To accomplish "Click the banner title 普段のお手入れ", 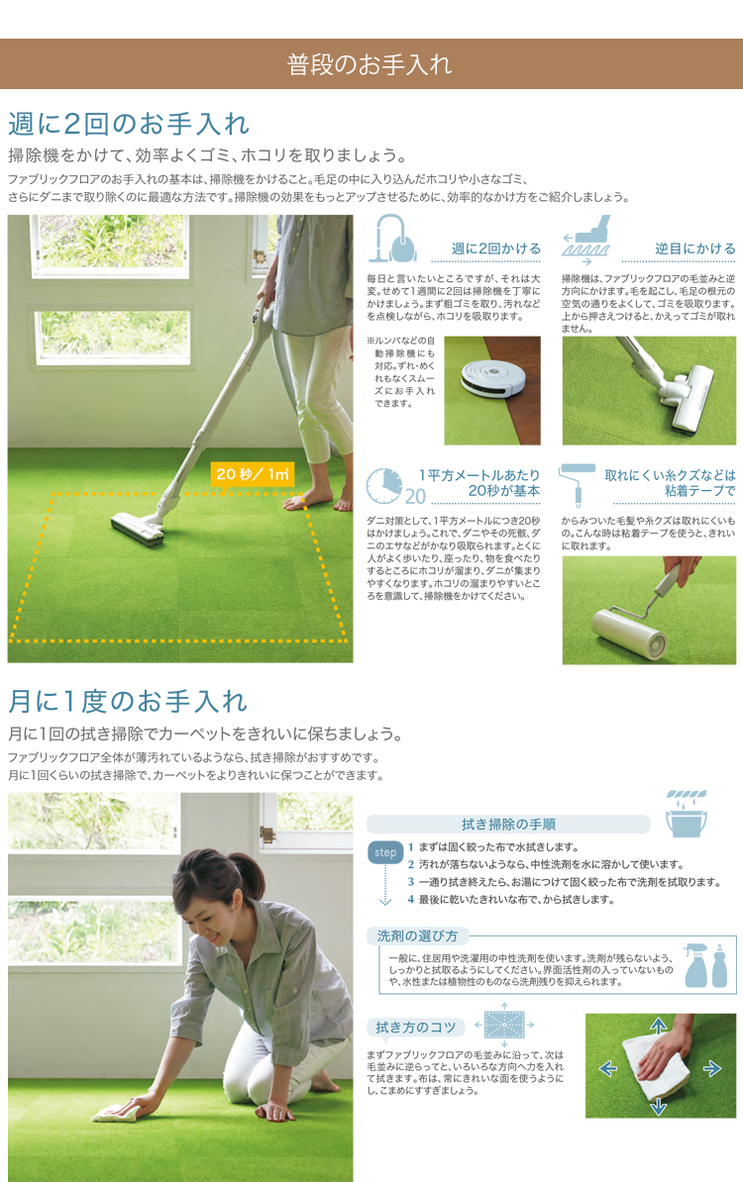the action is (x=370, y=64).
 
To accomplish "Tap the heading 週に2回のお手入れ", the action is (x=128, y=124).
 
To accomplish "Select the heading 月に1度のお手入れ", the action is (x=128, y=702).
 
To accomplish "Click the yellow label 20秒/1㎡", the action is (x=253, y=474).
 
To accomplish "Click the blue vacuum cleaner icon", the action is (x=393, y=239).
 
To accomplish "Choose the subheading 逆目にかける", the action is (x=694, y=248).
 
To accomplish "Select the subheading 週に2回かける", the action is (x=495, y=248).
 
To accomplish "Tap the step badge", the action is (x=384, y=852).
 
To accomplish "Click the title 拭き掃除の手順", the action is (x=508, y=825).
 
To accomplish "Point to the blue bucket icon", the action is (x=687, y=814).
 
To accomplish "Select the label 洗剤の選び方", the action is (x=417, y=936).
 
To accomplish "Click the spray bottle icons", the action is (x=706, y=965).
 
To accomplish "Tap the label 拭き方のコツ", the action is (x=416, y=1028).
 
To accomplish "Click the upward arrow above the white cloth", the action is (x=659, y=1026).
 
